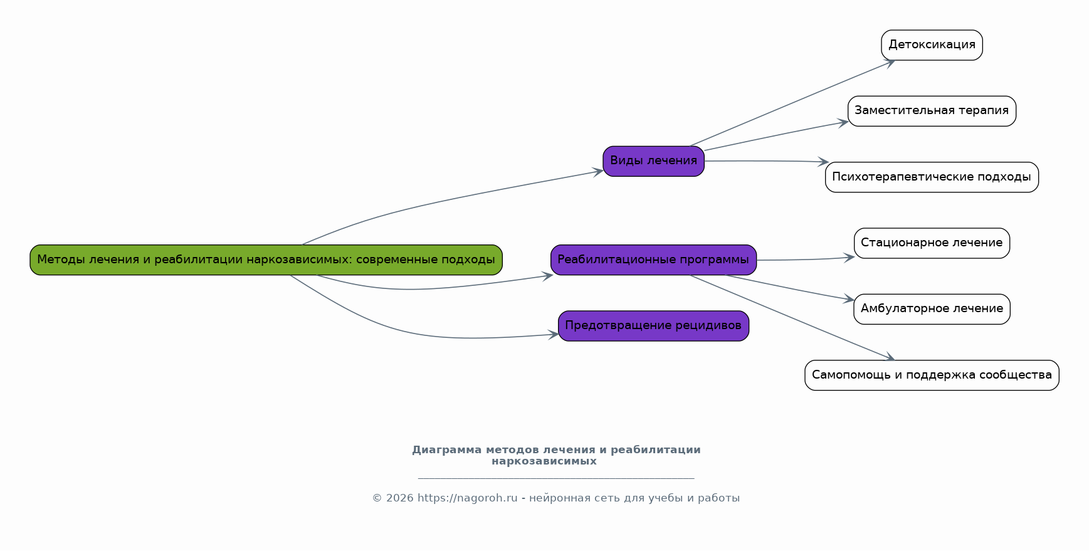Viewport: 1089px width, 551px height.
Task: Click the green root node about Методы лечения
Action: point(266,260)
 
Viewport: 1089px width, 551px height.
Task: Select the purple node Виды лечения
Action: point(653,161)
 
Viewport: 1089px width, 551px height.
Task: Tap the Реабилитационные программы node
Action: point(653,260)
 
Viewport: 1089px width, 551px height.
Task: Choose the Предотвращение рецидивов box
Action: point(653,326)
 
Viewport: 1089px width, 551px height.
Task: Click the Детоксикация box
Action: point(932,45)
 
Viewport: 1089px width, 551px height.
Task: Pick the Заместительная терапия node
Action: point(932,111)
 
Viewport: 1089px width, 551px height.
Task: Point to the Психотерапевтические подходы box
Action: point(932,177)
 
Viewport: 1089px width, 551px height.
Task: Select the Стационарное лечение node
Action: point(932,243)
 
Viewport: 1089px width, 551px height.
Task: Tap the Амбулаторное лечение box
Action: point(932,309)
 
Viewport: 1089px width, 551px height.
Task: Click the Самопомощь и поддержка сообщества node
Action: point(932,375)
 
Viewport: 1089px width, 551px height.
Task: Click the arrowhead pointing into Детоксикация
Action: point(890,62)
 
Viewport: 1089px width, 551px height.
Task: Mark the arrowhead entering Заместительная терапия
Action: point(844,123)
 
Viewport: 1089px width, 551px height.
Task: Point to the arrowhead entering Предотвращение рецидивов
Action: point(554,335)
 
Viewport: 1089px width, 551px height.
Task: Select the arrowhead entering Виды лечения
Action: point(599,171)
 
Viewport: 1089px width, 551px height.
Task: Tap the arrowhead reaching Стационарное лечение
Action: point(850,257)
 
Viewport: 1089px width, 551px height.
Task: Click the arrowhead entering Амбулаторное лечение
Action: point(850,300)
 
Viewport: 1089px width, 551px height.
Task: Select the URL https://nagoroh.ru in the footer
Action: point(467,498)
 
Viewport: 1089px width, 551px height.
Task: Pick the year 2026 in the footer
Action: point(399,498)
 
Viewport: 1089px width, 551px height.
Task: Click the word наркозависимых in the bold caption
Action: point(544,461)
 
